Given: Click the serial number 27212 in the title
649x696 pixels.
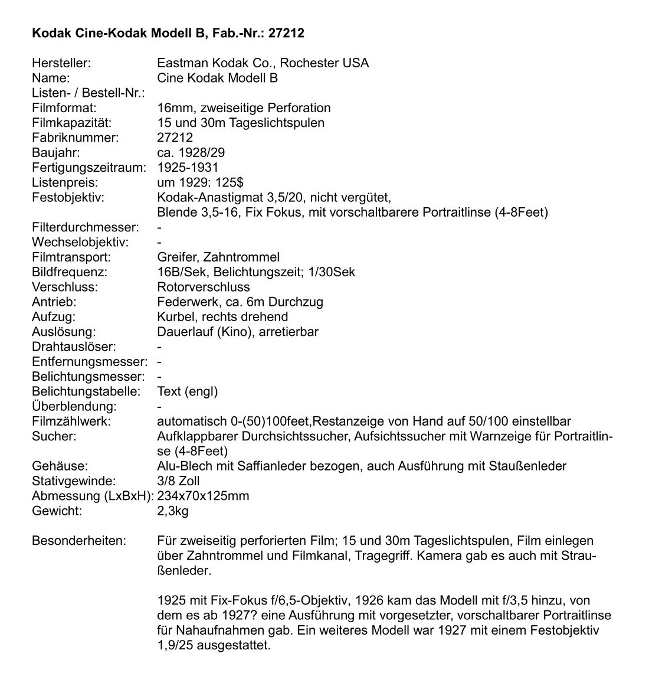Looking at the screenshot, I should point(286,33).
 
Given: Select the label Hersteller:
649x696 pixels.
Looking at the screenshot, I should point(61,63).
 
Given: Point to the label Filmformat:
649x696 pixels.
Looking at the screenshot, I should point(64,107).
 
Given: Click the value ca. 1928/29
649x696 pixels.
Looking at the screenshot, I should point(191,152).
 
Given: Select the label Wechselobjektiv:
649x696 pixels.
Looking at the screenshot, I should point(80,242).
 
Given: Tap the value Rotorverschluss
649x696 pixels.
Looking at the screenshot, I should point(204,287).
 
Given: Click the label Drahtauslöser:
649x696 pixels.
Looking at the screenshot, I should point(74,347).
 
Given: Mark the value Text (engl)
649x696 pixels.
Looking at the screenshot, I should point(188,391).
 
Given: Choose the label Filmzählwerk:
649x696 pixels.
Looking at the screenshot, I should point(71,421).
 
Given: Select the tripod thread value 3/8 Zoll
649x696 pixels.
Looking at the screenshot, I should point(179,481).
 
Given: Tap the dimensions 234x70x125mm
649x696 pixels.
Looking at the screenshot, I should point(203,496).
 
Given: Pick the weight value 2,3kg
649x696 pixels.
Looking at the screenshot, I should point(173,511).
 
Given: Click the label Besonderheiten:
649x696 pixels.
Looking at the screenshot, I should point(79,541).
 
